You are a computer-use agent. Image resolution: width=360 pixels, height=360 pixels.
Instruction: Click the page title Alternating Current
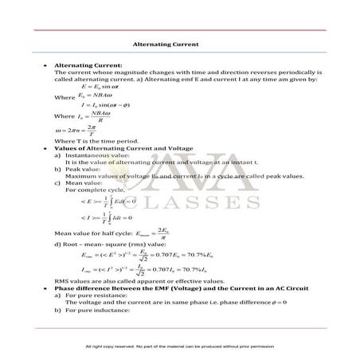point(166,45)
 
